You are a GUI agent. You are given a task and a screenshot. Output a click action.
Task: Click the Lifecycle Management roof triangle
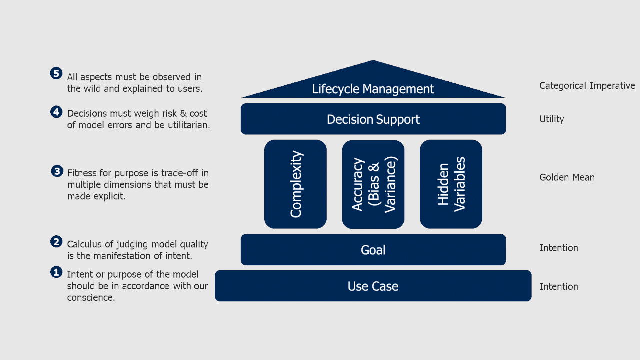[373, 85]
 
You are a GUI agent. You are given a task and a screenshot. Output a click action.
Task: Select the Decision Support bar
[373, 119]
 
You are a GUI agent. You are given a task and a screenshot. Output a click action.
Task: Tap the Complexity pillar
[295, 184]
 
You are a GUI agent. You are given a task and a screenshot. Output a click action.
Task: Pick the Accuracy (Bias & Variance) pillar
[373, 184]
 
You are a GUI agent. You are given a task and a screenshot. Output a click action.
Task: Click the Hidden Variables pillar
[451, 184]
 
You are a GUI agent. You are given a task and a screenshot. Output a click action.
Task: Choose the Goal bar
[373, 250]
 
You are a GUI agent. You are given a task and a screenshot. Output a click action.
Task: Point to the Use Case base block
[373, 286]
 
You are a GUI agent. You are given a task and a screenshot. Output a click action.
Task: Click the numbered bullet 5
[56, 73]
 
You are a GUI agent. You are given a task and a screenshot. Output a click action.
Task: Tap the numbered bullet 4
[56, 112]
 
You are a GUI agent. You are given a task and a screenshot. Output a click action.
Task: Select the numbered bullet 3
[57, 171]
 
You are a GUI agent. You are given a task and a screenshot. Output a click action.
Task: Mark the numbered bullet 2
[56, 242]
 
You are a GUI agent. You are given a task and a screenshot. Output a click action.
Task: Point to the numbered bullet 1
[56, 272]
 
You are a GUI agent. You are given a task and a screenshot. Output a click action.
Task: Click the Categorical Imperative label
[587, 86]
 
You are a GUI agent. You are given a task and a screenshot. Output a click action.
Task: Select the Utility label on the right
[551, 119]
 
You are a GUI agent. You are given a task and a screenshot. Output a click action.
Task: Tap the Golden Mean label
[567, 177]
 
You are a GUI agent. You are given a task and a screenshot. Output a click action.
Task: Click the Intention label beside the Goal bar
[558, 248]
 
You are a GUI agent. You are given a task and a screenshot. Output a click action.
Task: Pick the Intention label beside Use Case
[558, 287]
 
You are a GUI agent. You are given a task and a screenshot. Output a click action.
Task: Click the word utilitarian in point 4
[188, 125]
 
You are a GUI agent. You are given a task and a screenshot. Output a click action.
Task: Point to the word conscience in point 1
[90, 298]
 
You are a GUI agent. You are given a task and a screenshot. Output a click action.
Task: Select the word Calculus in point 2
[82, 244]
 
